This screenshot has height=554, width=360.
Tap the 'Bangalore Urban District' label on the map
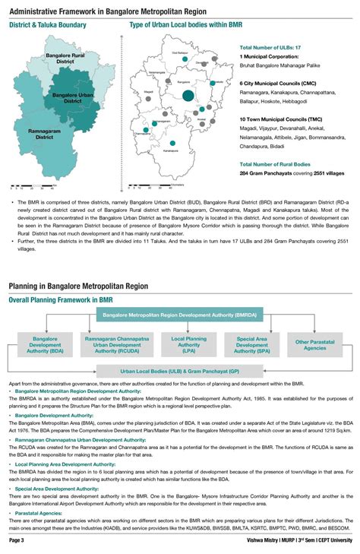click(x=72, y=98)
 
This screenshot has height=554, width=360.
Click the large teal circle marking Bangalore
click(x=188, y=96)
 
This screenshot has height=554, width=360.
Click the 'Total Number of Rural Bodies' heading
click(x=275, y=164)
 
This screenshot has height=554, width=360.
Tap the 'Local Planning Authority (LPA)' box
click(x=189, y=344)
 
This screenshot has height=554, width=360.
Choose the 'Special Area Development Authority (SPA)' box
click(x=256, y=344)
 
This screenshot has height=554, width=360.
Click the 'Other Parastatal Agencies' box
click(x=315, y=344)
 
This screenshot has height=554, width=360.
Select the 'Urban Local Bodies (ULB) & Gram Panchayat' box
click(x=180, y=372)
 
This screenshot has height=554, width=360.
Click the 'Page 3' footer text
click(x=17, y=540)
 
